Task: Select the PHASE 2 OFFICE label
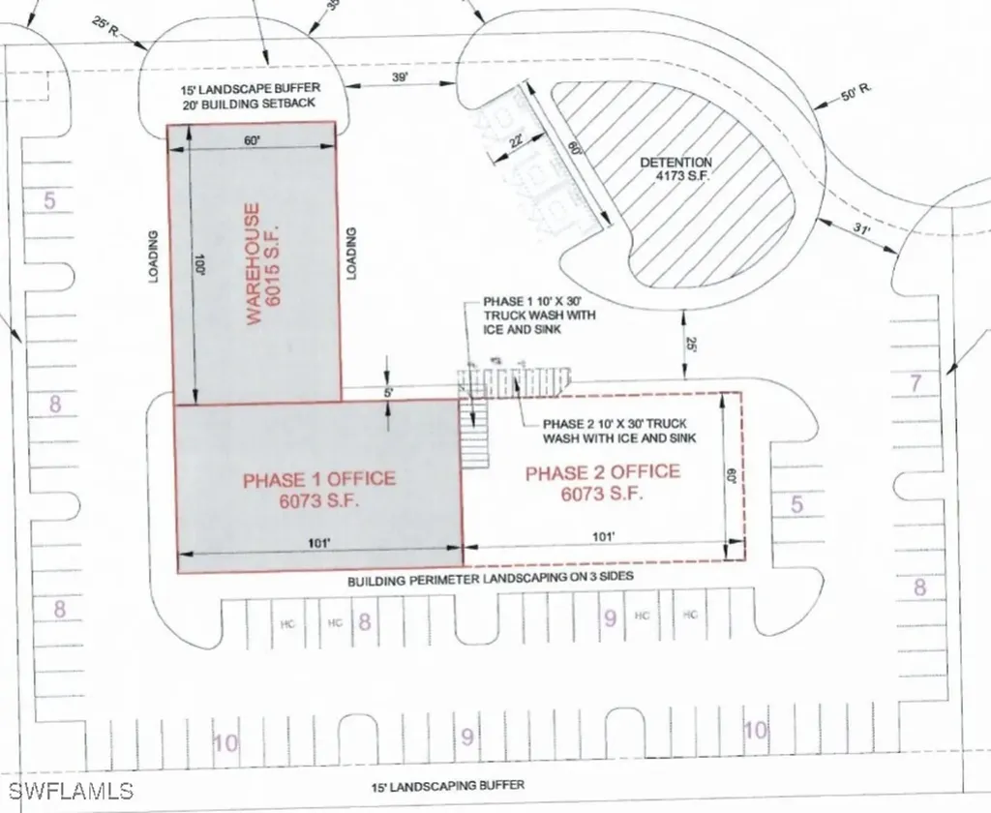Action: (602, 481)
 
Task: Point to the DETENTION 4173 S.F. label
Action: (676, 169)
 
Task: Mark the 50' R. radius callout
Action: (856, 91)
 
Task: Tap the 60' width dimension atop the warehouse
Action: (253, 141)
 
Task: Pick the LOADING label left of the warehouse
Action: (153, 256)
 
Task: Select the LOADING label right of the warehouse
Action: (352, 254)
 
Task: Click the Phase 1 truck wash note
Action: (538, 316)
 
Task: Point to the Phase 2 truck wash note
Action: (619, 431)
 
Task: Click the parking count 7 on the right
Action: (916, 383)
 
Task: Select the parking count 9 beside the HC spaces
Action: (610, 619)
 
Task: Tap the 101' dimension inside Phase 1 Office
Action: (318, 543)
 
